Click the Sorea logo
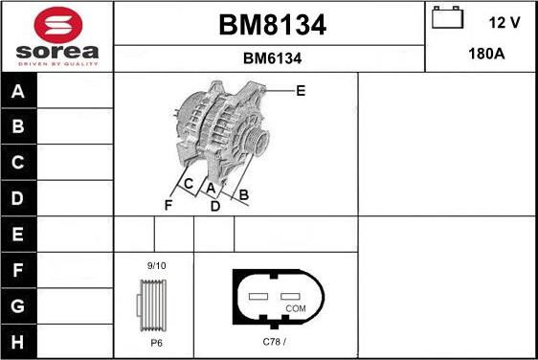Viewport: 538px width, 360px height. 56,36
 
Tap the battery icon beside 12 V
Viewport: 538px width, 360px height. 446,19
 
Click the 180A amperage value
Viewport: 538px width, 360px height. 485,54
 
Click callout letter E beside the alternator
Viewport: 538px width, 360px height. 301,91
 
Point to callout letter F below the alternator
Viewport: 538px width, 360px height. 168,205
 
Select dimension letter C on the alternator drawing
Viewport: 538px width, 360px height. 189,184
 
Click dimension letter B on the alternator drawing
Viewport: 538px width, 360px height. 244,196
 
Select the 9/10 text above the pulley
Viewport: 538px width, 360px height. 155,265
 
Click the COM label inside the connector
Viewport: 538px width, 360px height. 297,308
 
